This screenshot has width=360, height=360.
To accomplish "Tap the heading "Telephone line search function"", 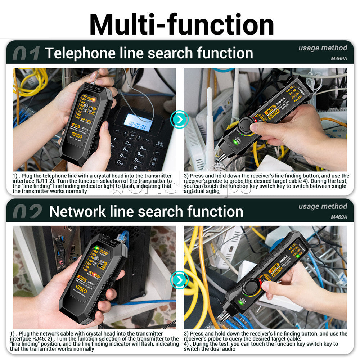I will click(x=149, y=53).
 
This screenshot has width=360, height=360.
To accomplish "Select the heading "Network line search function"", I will click(x=146, y=211).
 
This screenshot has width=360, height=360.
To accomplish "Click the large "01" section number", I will click(x=26, y=54).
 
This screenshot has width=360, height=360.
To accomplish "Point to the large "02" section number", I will click(x=27, y=212).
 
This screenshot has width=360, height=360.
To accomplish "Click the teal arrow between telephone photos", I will click(x=180, y=118).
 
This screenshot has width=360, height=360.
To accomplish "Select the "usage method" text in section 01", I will click(x=323, y=48).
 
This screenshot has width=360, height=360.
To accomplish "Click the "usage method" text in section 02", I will click(x=323, y=206).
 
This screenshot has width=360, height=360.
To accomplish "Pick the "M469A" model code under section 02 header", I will click(x=339, y=217).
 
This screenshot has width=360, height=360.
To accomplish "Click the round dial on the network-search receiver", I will click(x=251, y=287).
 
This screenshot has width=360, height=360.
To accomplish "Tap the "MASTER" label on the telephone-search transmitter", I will click(x=76, y=136).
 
